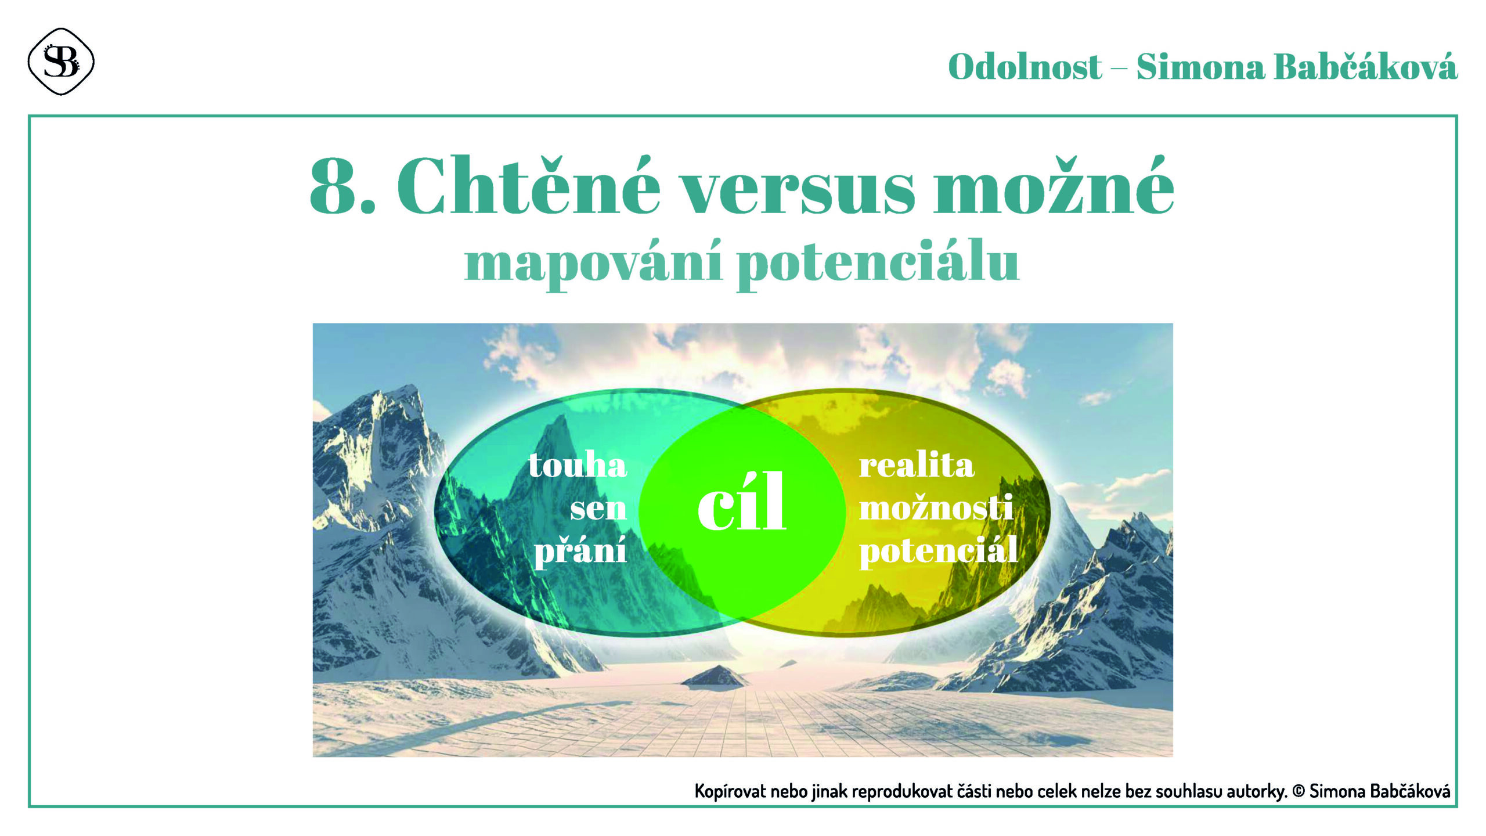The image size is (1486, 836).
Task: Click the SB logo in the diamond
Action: tap(61, 62)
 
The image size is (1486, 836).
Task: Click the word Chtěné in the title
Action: tap(528, 186)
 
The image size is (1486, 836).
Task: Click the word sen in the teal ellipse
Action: tap(598, 509)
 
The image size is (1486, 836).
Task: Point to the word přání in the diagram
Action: tap(580, 549)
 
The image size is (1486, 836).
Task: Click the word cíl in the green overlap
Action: tap(742, 502)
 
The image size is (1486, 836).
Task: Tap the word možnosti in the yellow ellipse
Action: tap(936, 507)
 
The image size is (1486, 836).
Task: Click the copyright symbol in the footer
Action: tap(1299, 791)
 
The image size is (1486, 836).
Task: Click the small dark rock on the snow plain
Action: tap(715, 676)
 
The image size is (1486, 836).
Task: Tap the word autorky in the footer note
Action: tap(1256, 791)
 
